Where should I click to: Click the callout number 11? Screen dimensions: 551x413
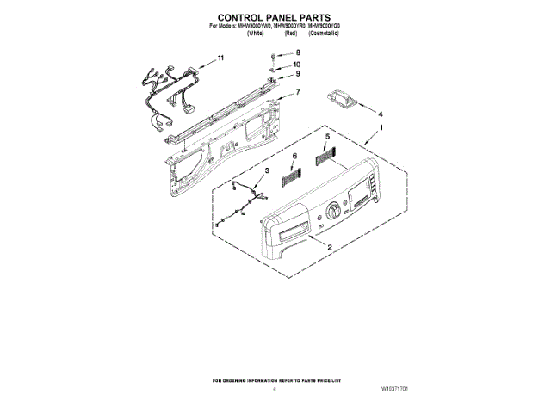[x=220, y=59]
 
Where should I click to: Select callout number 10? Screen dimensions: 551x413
[x=297, y=65]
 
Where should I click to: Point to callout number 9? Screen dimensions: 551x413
[x=298, y=75]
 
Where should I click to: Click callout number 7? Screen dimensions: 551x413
[x=298, y=92]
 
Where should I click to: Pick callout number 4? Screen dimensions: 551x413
[x=381, y=114]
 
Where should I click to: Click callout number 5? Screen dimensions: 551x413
[x=327, y=138]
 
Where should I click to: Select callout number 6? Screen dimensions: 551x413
[x=294, y=156]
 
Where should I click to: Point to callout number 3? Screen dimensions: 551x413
[x=266, y=172]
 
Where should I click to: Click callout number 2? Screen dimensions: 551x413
[x=330, y=247]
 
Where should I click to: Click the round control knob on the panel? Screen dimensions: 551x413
[x=333, y=209]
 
